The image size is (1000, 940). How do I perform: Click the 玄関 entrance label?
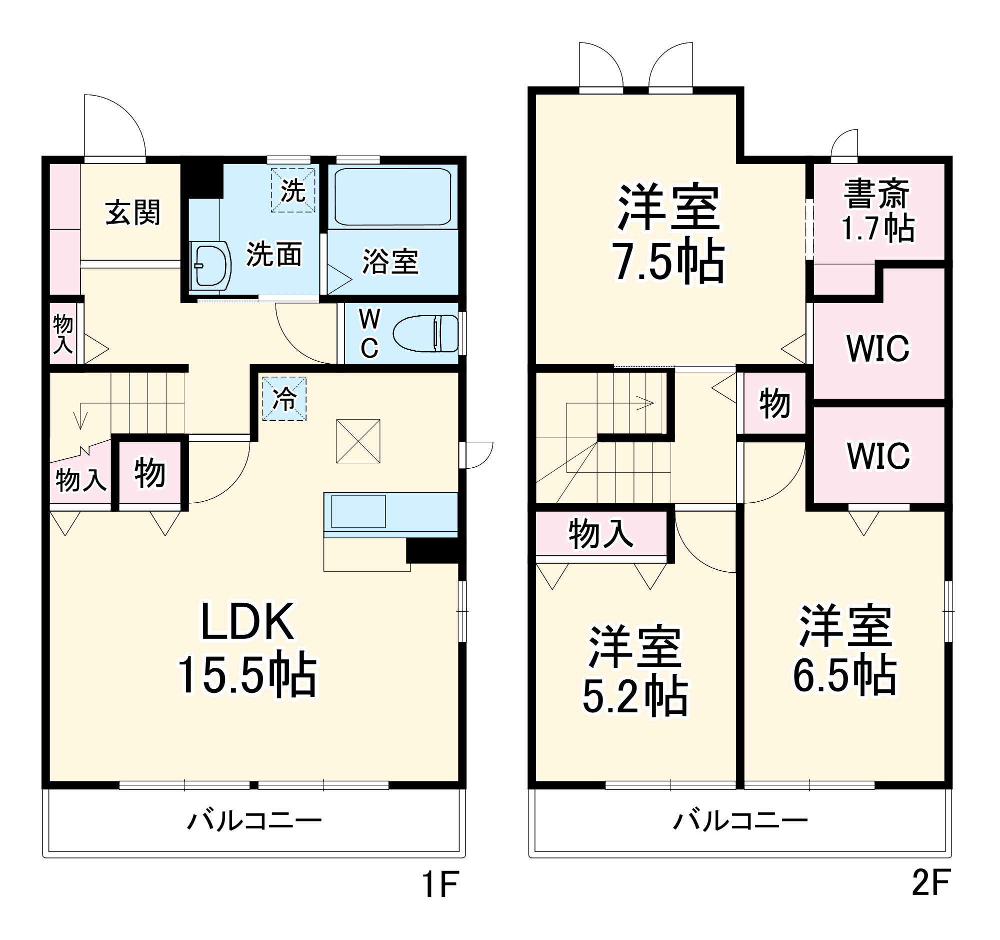132,213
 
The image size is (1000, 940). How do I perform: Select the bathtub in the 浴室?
393,197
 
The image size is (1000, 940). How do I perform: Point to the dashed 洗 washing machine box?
293,190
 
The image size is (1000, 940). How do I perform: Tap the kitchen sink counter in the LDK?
358,511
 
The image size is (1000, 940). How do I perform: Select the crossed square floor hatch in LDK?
358,441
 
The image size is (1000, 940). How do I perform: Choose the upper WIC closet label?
878,348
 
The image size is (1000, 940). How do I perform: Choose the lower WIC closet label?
878,456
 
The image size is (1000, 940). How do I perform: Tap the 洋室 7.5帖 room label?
668,234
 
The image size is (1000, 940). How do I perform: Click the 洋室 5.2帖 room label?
635,671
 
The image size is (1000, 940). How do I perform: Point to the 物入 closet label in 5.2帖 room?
600,533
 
